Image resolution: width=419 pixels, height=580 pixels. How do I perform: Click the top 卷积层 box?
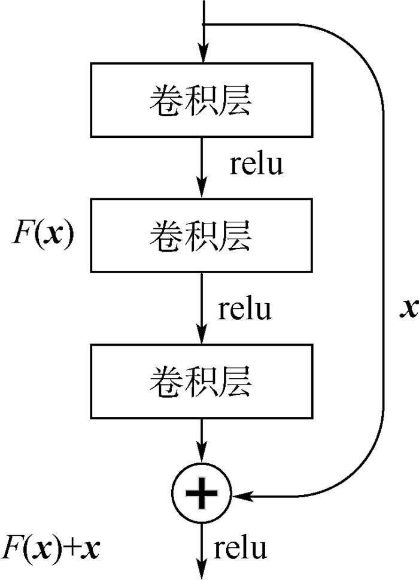[201, 100]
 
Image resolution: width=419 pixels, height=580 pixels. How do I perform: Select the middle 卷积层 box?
[201, 235]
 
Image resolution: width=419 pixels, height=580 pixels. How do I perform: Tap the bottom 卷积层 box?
[201, 382]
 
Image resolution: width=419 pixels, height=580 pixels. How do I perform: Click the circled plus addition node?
[201, 495]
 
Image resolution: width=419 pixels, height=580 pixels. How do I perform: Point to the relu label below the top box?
[257, 164]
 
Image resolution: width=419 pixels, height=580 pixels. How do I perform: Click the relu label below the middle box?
[245, 310]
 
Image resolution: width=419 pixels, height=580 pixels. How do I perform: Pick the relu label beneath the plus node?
[240, 548]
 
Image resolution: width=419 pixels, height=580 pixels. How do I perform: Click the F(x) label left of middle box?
[43, 234]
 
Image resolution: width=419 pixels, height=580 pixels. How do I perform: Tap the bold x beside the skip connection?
[410, 308]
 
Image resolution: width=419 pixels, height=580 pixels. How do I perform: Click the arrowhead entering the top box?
[204, 55]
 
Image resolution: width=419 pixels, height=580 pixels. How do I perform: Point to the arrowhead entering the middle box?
[204, 191]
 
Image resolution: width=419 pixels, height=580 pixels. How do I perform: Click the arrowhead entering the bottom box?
[204, 337]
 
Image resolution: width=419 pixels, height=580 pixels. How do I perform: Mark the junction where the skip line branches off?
[204, 25]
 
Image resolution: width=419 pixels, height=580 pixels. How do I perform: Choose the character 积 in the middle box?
[201, 235]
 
